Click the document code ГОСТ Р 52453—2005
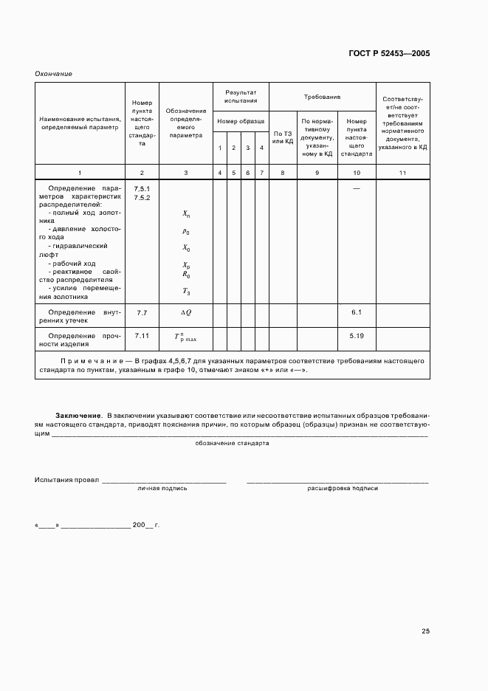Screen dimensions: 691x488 (x=388, y=54)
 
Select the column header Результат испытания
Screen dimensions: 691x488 (x=241, y=96)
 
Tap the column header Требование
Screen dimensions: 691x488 (x=322, y=97)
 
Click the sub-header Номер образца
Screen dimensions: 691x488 (x=241, y=120)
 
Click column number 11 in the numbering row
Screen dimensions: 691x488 (x=402, y=172)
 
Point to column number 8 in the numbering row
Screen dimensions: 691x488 (x=283, y=172)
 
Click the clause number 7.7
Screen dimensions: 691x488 (x=142, y=313)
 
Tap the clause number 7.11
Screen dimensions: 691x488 (x=142, y=336)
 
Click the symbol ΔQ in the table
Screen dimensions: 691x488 (x=186, y=313)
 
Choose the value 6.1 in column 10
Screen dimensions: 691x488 (x=357, y=313)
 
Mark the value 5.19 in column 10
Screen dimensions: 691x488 (x=357, y=336)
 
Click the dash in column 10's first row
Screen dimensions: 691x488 (x=357, y=189)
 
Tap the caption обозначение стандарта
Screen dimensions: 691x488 (x=232, y=444)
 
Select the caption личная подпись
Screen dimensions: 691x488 (x=162, y=488)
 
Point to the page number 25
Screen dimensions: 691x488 (x=425, y=630)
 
